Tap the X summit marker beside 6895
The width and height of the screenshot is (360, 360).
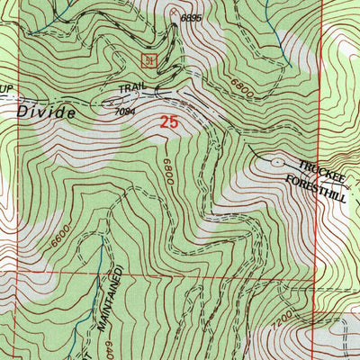[x=173, y=13]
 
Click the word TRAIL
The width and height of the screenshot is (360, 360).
[x=134, y=88]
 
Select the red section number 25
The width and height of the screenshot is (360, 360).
[x=168, y=120]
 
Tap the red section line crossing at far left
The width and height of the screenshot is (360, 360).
[x=20, y=274]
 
